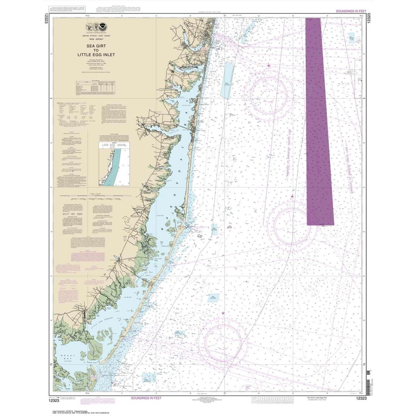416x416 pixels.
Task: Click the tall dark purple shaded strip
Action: tap(319, 121)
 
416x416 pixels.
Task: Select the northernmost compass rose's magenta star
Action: tap(269, 65)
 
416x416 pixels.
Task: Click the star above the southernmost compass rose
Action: tap(223, 313)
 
